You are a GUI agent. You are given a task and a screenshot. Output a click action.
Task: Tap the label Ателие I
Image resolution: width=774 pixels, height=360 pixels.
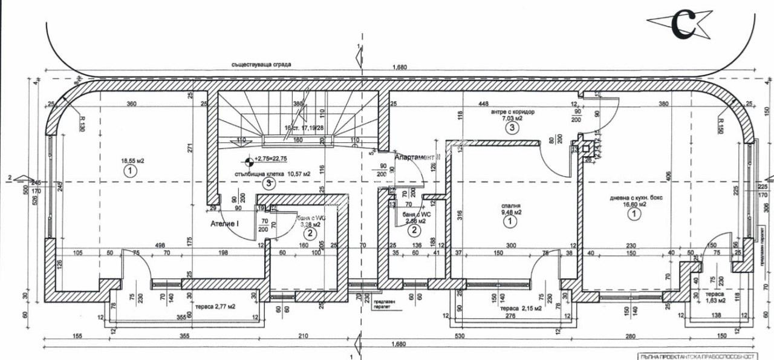(225, 223)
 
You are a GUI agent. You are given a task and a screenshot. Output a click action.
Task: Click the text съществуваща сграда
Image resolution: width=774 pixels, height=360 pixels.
(256, 64)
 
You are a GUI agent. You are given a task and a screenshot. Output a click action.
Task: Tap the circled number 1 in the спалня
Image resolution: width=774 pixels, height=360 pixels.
(510, 222)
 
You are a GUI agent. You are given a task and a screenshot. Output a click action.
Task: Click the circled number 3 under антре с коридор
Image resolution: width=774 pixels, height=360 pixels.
(512, 128)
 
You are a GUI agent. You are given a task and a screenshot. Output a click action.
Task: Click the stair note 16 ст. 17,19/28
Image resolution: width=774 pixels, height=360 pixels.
(304, 128)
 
